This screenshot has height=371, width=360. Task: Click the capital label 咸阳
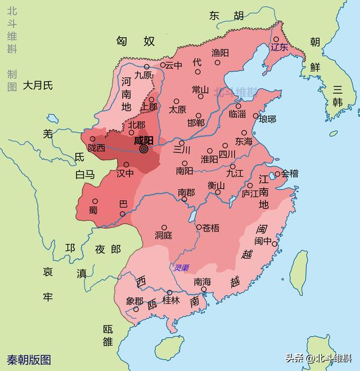144,140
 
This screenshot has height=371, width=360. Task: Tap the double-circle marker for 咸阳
143,150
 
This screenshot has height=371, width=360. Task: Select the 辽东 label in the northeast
279,48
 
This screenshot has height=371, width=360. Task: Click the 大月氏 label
38,85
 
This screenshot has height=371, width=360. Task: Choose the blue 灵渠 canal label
182,268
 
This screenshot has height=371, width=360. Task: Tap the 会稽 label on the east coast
290,173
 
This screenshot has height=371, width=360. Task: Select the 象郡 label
134,301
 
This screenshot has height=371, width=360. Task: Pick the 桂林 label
171,301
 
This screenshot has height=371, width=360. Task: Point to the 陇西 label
97,148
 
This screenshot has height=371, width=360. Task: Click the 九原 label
143,74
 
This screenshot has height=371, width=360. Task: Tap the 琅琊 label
267,119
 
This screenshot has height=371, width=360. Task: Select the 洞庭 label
163,235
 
